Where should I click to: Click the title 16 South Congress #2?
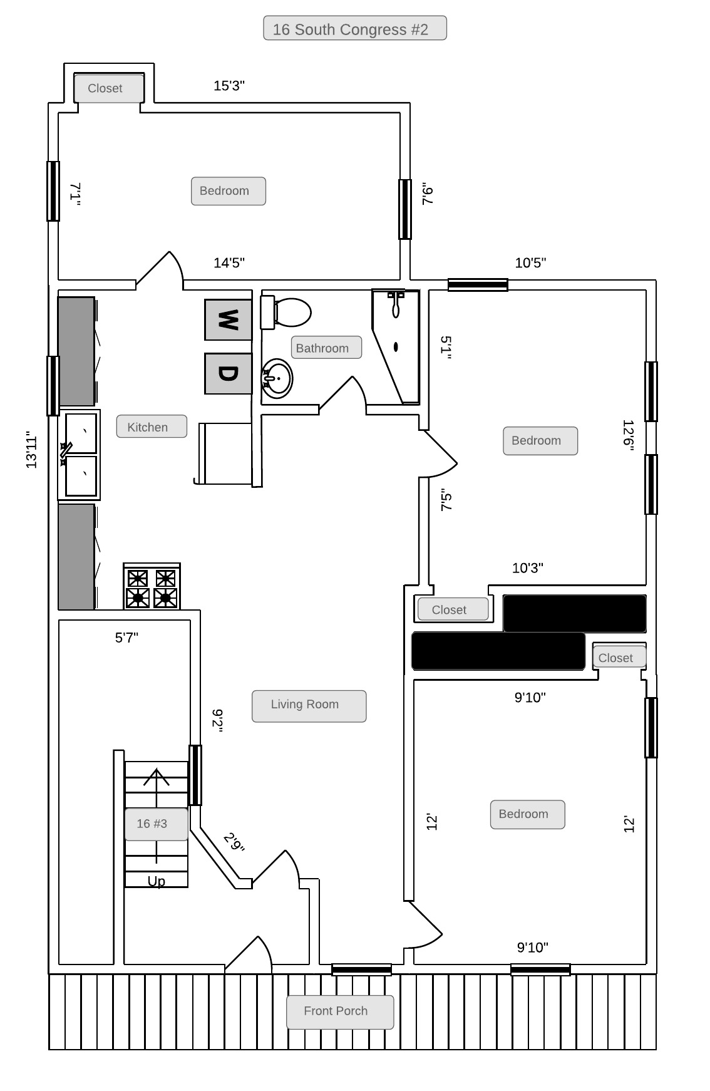click(x=351, y=29)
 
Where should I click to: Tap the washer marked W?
click(x=228, y=319)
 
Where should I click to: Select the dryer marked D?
click(x=228, y=374)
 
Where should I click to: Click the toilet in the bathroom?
click(x=286, y=313)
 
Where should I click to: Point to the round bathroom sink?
click(x=277, y=378)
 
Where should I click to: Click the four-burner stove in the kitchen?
click(x=152, y=586)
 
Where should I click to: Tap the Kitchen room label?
click(x=148, y=427)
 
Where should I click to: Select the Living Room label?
click(x=305, y=704)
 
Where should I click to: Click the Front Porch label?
click(x=336, y=1011)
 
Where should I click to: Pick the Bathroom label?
click(x=322, y=348)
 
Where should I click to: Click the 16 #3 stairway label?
click(x=152, y=824)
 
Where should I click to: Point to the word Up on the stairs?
click(x=157, y=881)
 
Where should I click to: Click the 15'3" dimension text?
click(x=229, y=86)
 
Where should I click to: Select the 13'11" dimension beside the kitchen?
click(x=32, y=450)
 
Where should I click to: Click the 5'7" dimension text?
click(x=126, y=638)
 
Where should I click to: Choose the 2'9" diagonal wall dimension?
click(x=234, y=842)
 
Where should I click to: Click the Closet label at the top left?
click(x=105, y=88)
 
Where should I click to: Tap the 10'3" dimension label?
click(x=528, y=568)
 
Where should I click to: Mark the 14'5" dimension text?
click(x=229, y=263)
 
